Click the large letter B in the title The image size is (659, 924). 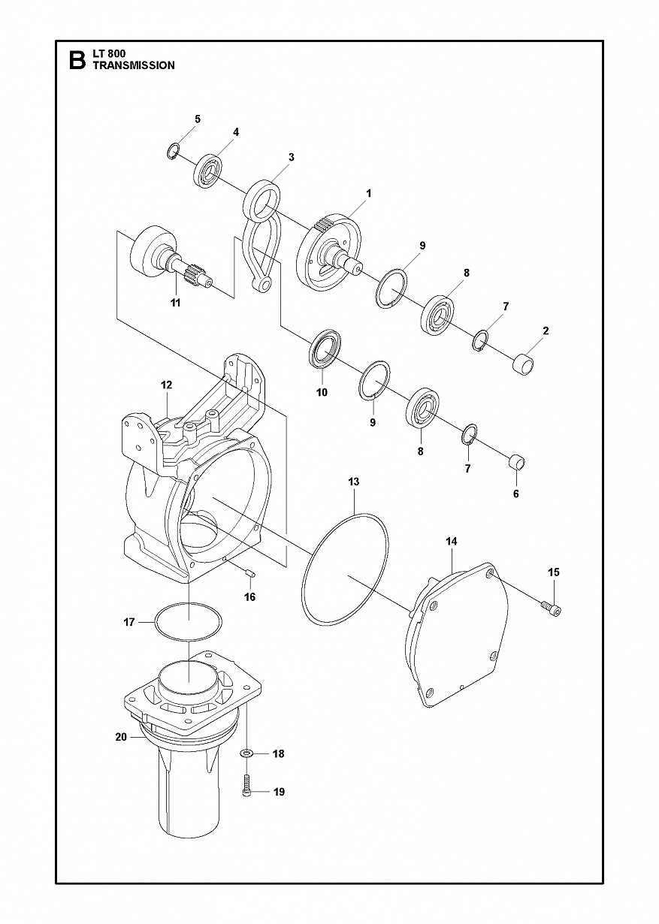(77, 60)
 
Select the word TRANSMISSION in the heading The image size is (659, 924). (134, 65)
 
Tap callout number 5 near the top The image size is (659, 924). (197, 119)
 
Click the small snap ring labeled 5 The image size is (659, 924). (174, 150)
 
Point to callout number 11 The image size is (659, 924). (175, 303)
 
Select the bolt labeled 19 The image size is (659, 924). (246, 788)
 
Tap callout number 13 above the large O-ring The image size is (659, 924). (354, 482)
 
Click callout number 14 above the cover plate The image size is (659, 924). (452, 541)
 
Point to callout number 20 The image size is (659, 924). (121, 737)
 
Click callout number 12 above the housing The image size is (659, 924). (167, 385)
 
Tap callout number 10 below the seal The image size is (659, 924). (322, 392)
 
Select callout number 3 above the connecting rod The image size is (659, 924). (292, 157)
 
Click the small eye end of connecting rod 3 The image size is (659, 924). (264, 284)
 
